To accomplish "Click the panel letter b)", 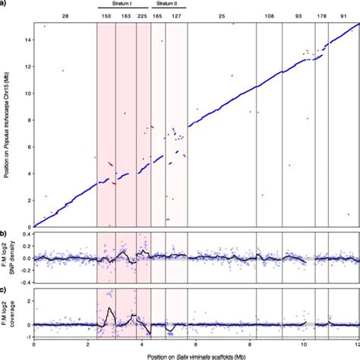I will [x=4, y=232].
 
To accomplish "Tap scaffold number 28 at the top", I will [x=65, y=15].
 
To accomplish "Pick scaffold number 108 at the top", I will [x=269, y=15].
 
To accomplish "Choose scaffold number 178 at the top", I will [x=321, y=15].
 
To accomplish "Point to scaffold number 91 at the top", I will [x=343, y=15].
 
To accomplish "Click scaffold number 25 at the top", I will [x=221, y=15].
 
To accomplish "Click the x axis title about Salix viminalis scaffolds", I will [x=195, y=354].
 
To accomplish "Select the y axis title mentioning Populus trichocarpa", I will [x=7, y=125].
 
